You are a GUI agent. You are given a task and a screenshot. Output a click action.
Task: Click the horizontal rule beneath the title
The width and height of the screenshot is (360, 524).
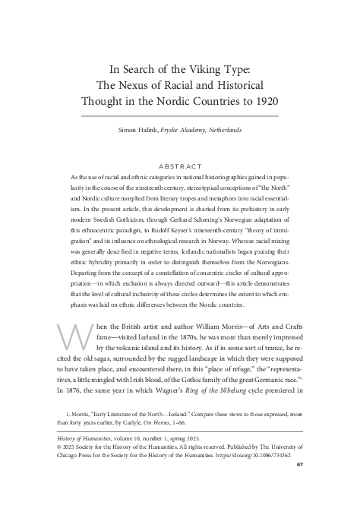click(180, 114)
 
